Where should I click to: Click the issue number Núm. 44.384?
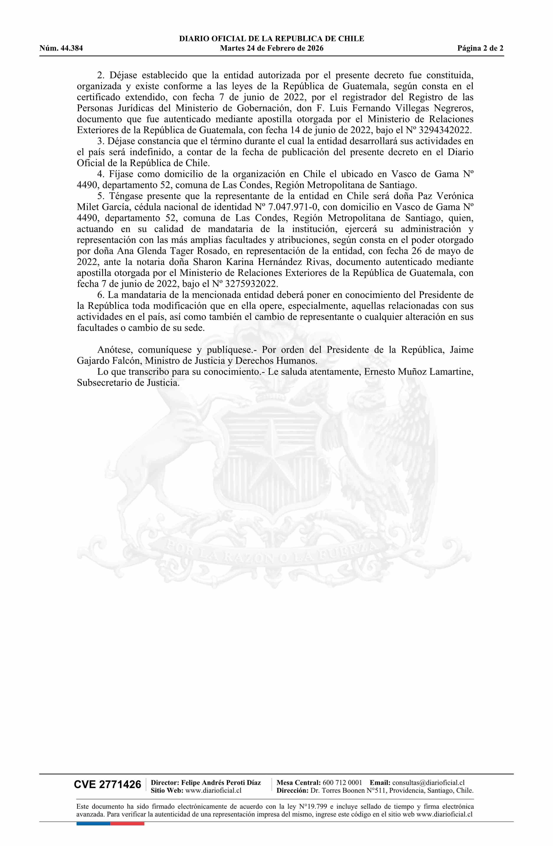pyautogui.click(x=61, y=48)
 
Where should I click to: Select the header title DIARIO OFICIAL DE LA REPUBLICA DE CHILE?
pyautogui.click(x=272, y=39)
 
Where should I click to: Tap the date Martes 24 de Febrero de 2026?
pyautogui.click(x=272, y=48)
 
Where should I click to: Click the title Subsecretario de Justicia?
pyautogui.click(x=128, y=383)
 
